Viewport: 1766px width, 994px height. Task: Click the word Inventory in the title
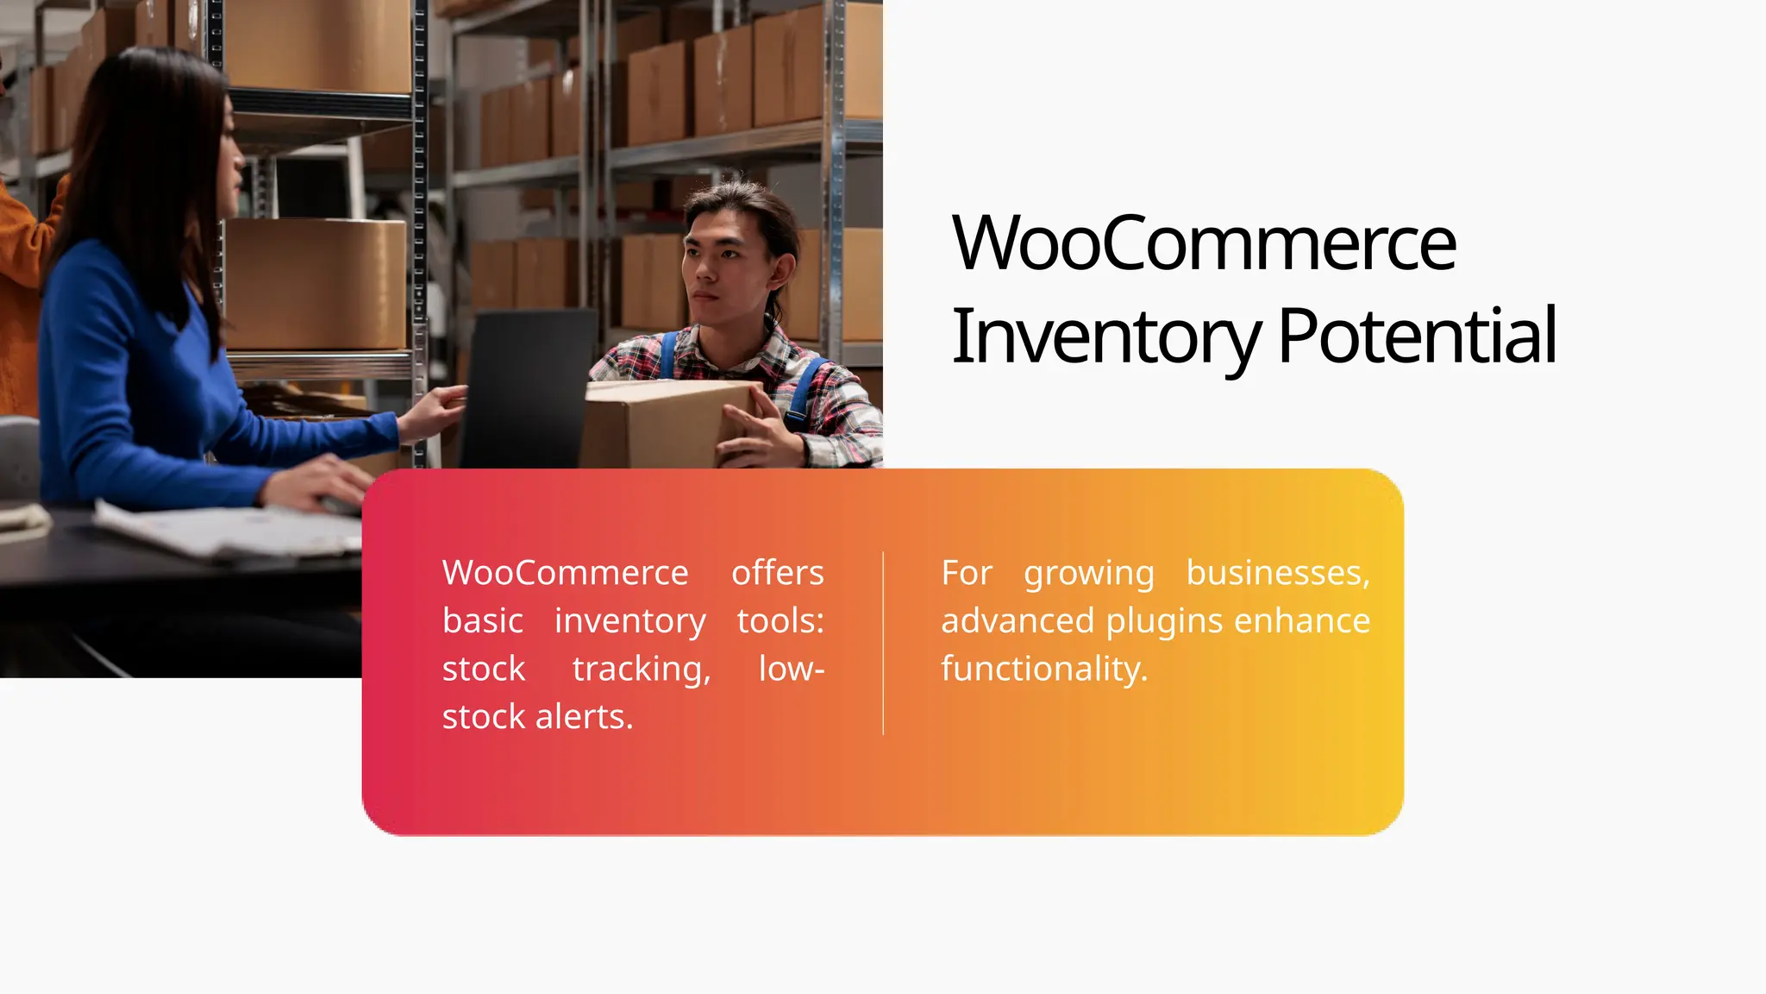coord(1105,337)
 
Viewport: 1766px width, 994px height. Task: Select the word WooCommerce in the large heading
coord(1204,243)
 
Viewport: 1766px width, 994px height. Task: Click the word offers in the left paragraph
coord(777,573)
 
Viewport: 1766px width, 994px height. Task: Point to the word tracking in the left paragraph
coord(642,670)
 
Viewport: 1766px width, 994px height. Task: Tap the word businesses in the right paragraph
coord(1277,573)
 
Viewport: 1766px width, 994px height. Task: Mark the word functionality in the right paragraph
coord(1043,670)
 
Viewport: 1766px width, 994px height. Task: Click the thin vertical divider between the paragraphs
coord(883,643)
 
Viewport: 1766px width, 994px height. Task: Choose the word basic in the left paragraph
coord(483,621)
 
